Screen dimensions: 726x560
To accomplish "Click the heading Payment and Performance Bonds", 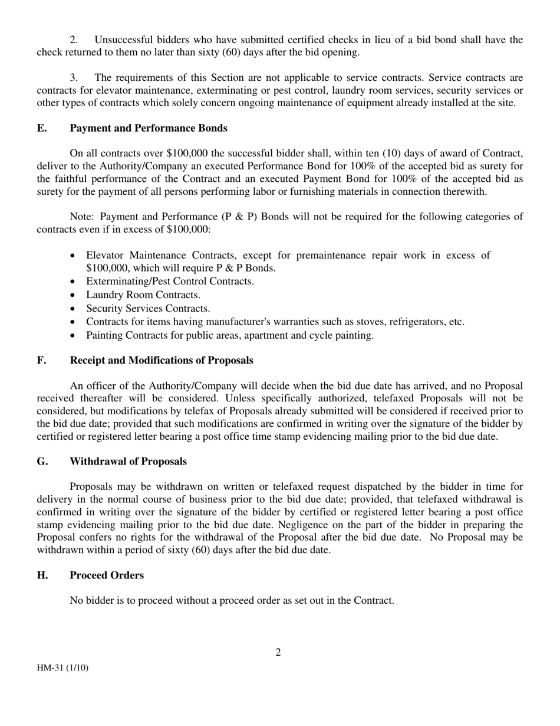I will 148,128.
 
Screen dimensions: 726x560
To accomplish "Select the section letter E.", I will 41,128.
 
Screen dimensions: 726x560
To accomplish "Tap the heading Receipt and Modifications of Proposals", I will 162,360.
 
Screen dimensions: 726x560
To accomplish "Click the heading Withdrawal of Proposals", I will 128,461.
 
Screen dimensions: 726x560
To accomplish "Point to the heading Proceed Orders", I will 107,575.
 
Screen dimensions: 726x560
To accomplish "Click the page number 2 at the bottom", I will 278,652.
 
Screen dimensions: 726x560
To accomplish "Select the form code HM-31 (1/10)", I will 62,668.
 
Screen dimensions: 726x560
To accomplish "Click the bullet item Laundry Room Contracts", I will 143,295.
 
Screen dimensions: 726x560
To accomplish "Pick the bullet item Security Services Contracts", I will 148,308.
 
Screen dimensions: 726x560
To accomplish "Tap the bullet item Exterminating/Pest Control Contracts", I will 170,281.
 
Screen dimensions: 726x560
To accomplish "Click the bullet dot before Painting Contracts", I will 73,336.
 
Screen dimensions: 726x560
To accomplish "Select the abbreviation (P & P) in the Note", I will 240,217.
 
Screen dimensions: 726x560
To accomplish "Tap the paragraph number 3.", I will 74,77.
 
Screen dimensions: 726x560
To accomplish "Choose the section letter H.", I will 42,575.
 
